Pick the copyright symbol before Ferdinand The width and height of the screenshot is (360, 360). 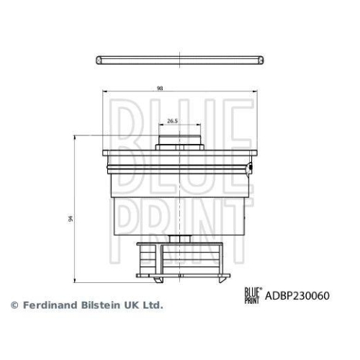coord(14,305)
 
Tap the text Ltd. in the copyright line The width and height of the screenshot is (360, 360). coord(153,305)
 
